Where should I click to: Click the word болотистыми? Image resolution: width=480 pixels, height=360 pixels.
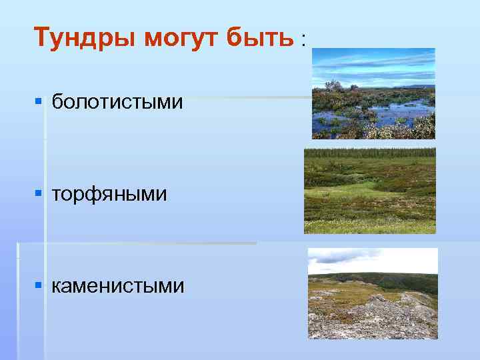(x=117, y=102)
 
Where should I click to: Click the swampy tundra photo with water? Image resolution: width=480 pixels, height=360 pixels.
(x=373, y=93)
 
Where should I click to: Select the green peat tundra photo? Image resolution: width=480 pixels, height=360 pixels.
(x=370, y=191)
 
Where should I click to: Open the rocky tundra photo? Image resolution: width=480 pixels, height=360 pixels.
(x=373, y=293)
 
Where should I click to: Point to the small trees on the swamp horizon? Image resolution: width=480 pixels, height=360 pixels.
(x=333, y=85)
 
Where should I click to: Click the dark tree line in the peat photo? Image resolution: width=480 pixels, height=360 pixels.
(x=370, y=153)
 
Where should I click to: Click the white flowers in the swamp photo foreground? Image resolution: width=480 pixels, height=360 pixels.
(x=400, y=130)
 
